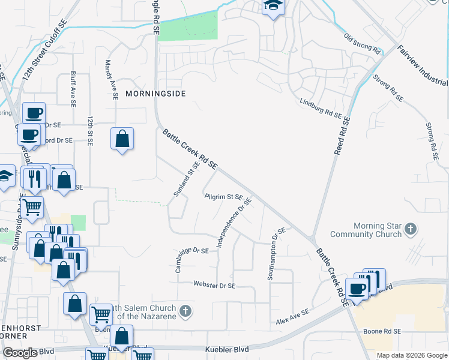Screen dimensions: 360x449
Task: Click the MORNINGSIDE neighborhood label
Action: tap(155, 94)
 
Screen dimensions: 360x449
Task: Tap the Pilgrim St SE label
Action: tap(223, 197)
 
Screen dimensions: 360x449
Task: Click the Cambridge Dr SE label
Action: tap(192, 259)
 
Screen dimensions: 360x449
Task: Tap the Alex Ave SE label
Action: tap(292, 317)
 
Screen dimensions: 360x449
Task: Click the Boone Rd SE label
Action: tap(382, 331)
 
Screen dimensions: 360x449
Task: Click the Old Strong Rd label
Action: tap(363, 45)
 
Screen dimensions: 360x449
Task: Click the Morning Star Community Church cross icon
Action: tap(411, 229)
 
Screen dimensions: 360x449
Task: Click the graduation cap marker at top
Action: tap(273, 7)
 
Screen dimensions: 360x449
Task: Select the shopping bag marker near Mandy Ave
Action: tap(122, 139)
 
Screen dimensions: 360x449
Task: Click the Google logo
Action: tap(20, 353)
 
